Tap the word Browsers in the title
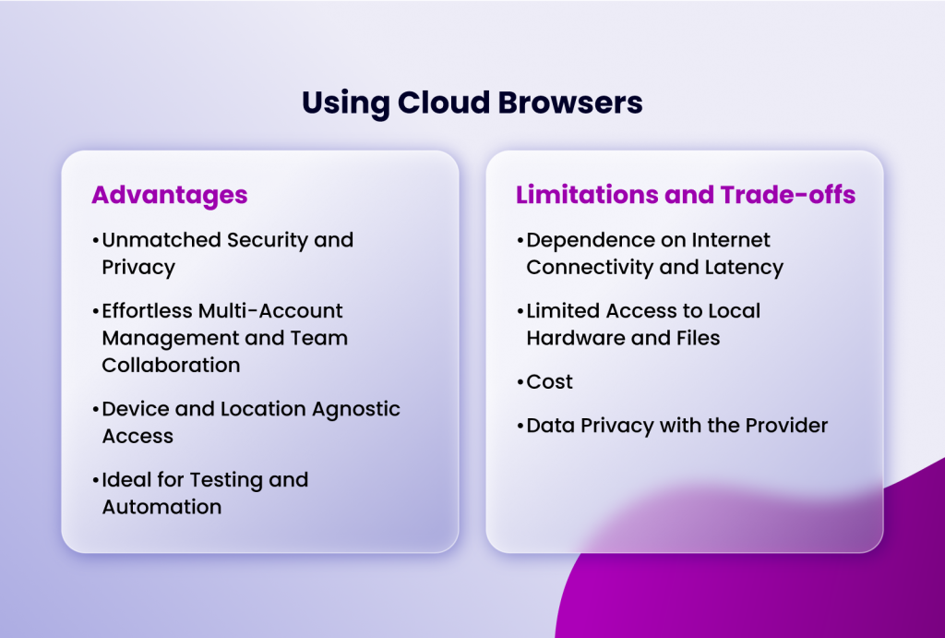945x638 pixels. point(569,102)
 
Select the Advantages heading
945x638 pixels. point(169,195)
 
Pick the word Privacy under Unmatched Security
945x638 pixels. point(138,267)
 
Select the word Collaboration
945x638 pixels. point(171,365)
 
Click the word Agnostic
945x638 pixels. point(357,409)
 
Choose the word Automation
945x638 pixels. point(161,507)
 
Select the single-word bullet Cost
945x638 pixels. point(549,382)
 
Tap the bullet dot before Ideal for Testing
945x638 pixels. point(96,480)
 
